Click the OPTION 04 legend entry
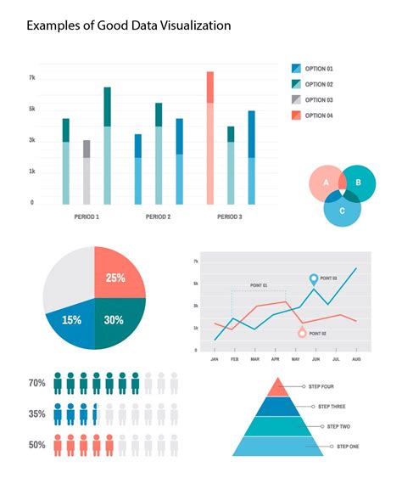point(319,115)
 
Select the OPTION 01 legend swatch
point(296,69)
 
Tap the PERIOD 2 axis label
point(158,217)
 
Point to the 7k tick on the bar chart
point(32,77)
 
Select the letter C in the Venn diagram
point(342,211)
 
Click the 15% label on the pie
point(71,320)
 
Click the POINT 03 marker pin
point(313,278)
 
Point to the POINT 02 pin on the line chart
point(302,333)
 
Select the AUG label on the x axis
point(356,360)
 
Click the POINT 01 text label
point(259,285)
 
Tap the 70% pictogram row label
point(36,384)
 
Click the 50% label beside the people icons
point(36,444)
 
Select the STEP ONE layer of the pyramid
point(278,447)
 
